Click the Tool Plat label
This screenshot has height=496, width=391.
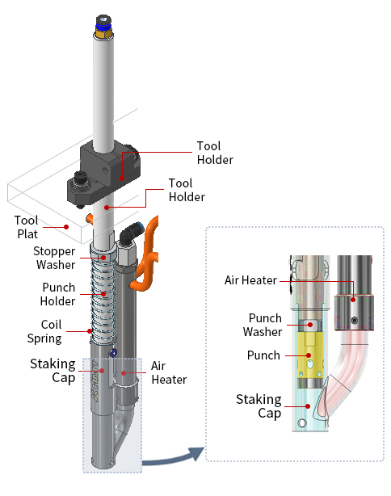tap(26, 227)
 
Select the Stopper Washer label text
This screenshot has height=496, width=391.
tap(54, 258)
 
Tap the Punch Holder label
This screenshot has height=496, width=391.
tap(58, 294)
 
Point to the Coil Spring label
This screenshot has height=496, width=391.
tap(44, 331)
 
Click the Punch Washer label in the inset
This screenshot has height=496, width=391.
tap(263, 325)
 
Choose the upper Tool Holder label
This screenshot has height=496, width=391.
tap(215, 153)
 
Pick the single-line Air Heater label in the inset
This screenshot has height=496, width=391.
tap(250, 280)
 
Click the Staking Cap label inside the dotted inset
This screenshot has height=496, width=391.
tap(259, 406)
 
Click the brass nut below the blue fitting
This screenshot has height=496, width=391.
tap(103, 34)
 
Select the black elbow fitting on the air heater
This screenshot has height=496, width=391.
tap(129, 234)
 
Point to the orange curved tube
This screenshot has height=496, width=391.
tap(147, 253)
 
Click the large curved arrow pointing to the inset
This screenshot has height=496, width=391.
tap(173, 458)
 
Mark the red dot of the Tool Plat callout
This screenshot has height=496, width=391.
tap(66, 227)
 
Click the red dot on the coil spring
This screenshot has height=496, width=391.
tap(90, 331)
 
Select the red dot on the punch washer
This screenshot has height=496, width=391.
tap(310, 325)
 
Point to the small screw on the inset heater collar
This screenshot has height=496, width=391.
tap(355, 321)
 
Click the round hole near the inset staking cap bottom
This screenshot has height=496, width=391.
tap(302, 423)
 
